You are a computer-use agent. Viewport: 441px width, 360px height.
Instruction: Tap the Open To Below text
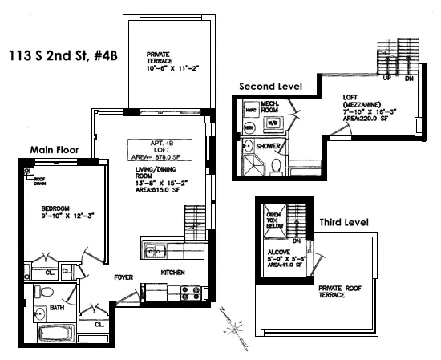273,220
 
